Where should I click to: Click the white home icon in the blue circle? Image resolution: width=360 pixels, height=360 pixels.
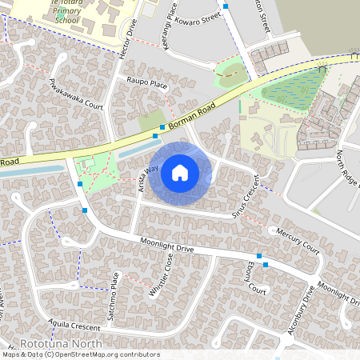click(x=180, y=173)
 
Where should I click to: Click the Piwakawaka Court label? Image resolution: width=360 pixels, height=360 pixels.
click(x=76, y=94)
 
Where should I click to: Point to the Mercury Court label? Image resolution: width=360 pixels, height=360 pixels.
click(x=297, y=241)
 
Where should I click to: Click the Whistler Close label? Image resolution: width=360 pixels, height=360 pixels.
click(x=161, y=276)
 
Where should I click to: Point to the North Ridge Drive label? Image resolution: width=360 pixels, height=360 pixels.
click(x=349, y=169)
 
